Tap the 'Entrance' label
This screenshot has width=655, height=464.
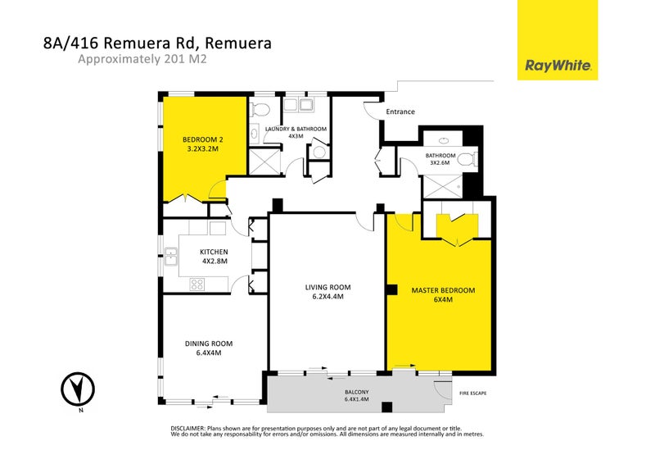pos(400,111)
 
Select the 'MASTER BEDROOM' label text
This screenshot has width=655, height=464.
pos(443,290)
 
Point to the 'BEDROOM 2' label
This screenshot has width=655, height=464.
pos(202,140)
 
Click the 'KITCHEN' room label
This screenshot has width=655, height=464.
pos(214,252)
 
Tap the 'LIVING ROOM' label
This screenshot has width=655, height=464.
pos(327,287)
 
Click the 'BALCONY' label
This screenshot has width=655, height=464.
pos(357,391)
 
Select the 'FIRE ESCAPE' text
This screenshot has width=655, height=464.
pos(473,393)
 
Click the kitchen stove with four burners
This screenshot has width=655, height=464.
pos(197,284)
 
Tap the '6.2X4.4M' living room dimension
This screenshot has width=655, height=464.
pos(327,297)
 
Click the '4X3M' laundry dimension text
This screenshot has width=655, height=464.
pos(296,137)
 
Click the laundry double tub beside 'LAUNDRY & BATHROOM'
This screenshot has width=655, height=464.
pos(299,105)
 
